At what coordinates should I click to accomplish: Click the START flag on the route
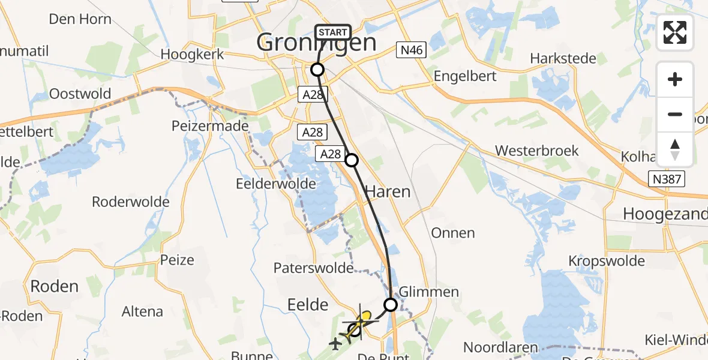tap(332, 32)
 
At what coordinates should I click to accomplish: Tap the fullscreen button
tap(675, 33)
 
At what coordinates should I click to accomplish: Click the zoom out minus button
tap(675, 114)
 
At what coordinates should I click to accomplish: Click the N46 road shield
tap(411, 51)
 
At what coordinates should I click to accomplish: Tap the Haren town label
tap(388, 192)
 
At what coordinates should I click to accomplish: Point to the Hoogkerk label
tap(192, 54)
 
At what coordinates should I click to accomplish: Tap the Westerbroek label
tap(538, 150)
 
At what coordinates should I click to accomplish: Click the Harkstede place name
tap(563, 59)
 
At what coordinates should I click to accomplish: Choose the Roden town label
tap(54, 286)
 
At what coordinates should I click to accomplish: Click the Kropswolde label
tap(607, 261)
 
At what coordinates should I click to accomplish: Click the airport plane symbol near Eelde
tap(335, 343)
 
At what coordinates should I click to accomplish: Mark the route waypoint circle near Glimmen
tap(391, 305)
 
